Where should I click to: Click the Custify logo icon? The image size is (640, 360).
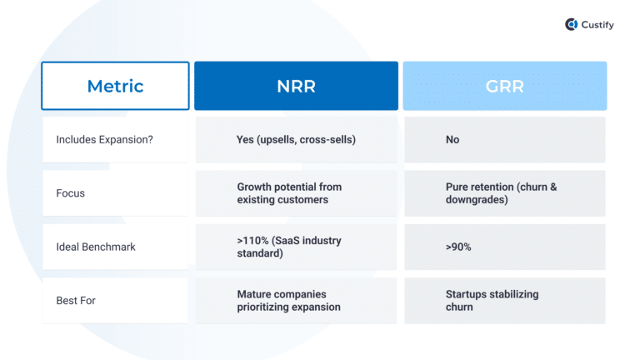572,25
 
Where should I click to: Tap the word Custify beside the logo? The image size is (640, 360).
597,25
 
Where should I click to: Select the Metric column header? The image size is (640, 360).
115,86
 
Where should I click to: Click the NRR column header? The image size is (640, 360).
296,86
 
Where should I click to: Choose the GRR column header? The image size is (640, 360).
504,86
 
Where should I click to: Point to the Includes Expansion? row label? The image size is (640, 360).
104,140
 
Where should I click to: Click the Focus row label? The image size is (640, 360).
70,193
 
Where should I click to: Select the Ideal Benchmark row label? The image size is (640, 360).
95,247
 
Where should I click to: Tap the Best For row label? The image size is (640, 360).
76,300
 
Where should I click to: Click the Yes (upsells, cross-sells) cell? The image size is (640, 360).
296,140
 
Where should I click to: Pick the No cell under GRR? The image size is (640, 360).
452,140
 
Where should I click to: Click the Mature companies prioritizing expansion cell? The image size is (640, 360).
288,300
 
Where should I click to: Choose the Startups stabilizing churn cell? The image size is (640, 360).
492,300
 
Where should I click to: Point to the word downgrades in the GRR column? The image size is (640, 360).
475,200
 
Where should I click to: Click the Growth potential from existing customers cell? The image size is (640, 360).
289,193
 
